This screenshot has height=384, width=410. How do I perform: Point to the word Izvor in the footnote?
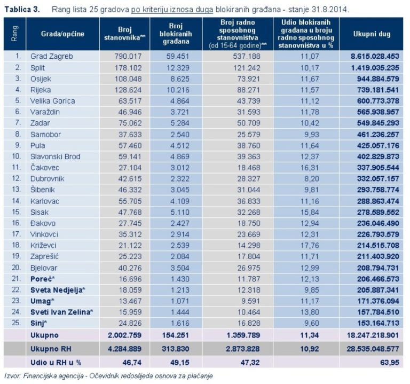click(x=11, y=375)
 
